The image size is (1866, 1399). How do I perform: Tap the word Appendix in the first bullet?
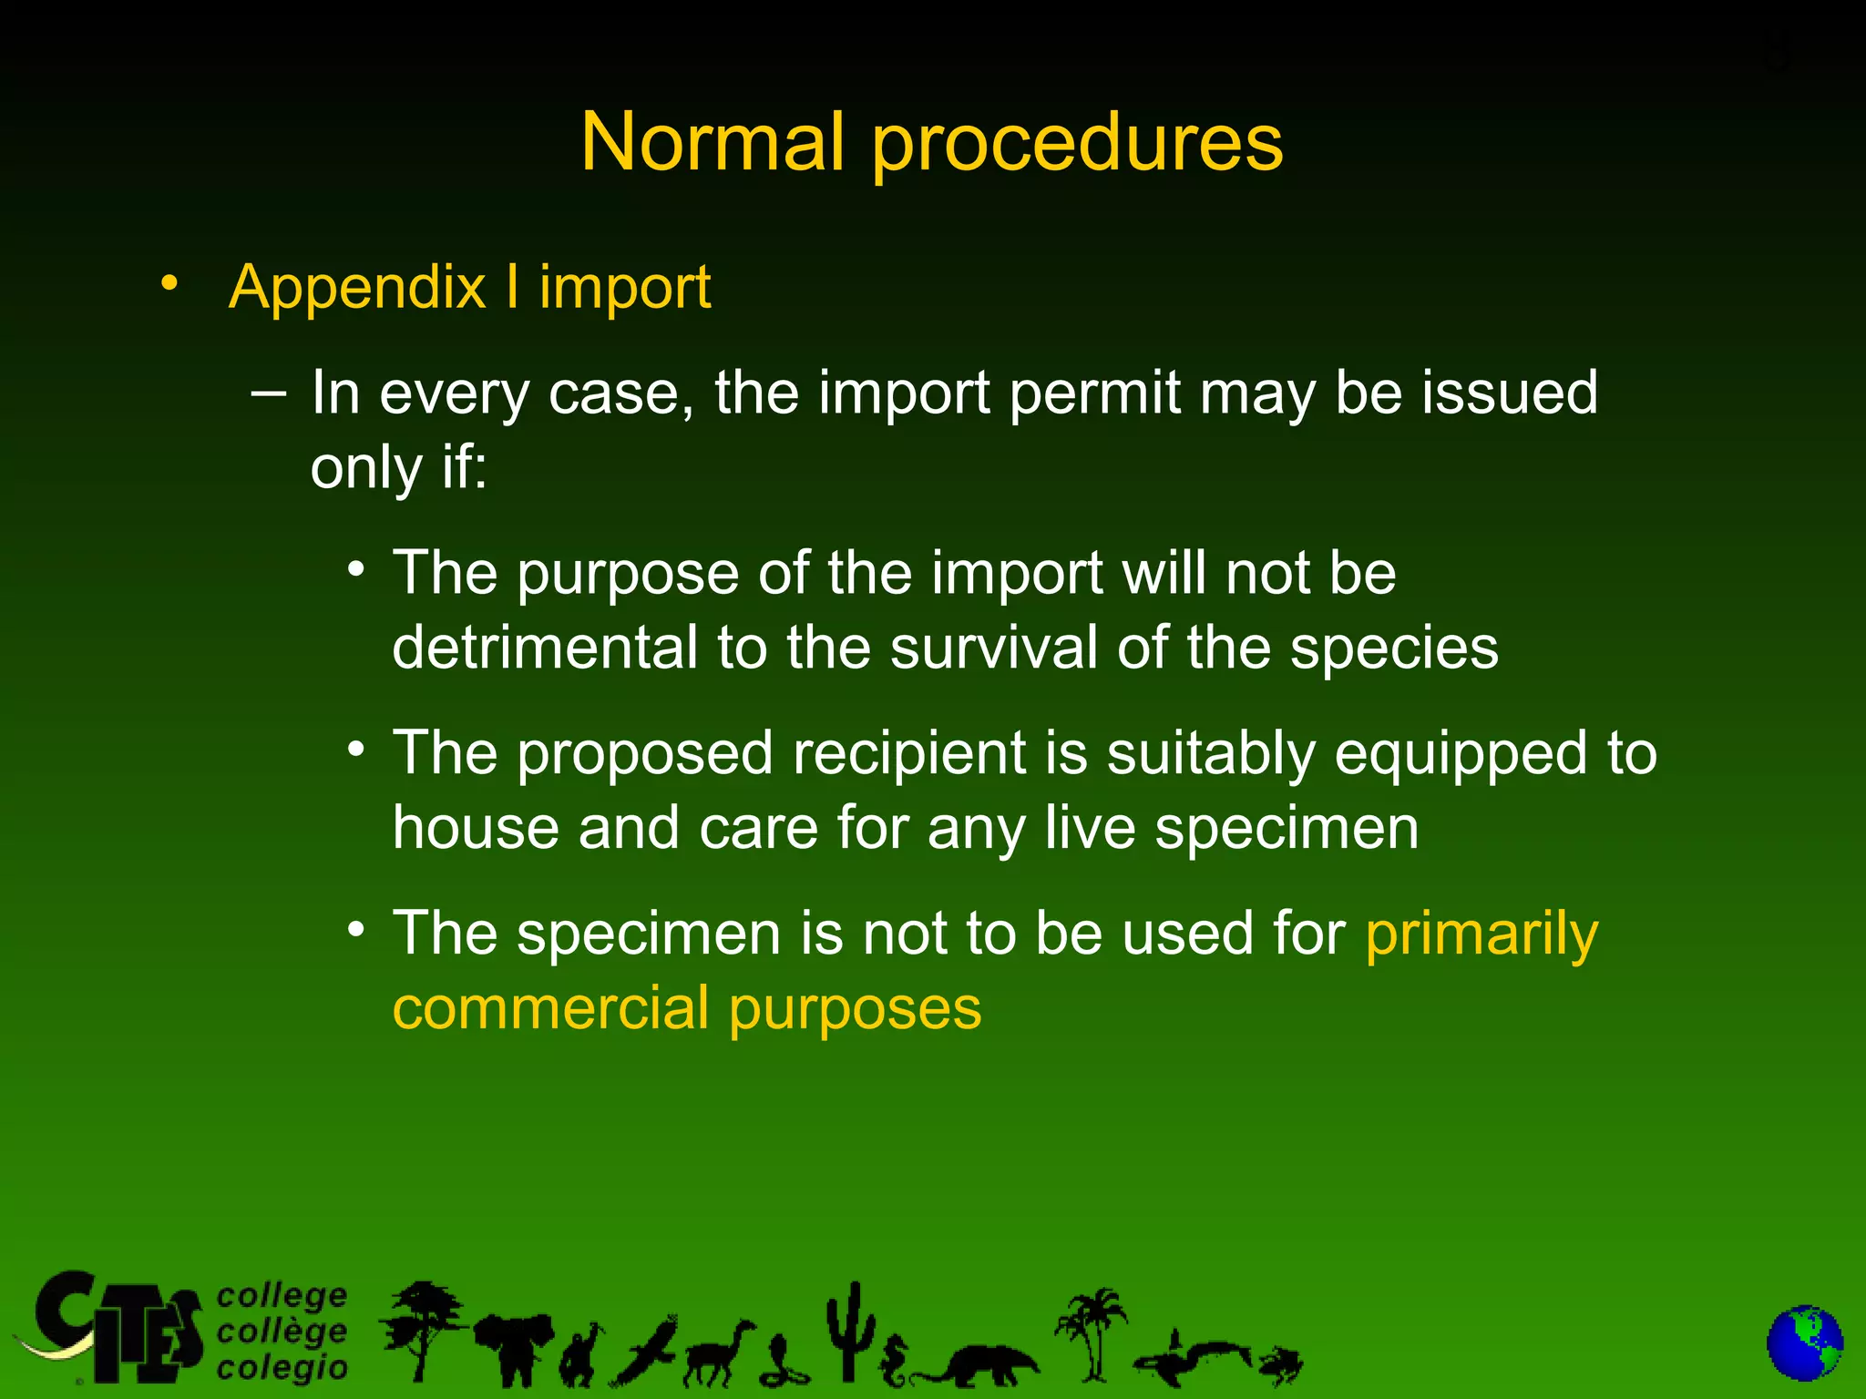pyautogui.click(x=357, y=289)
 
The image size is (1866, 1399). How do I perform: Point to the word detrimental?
pyautogui.click(x=544, y=648)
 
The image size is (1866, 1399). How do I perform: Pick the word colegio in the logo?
pyautogui.click(x=282, y=1367)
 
